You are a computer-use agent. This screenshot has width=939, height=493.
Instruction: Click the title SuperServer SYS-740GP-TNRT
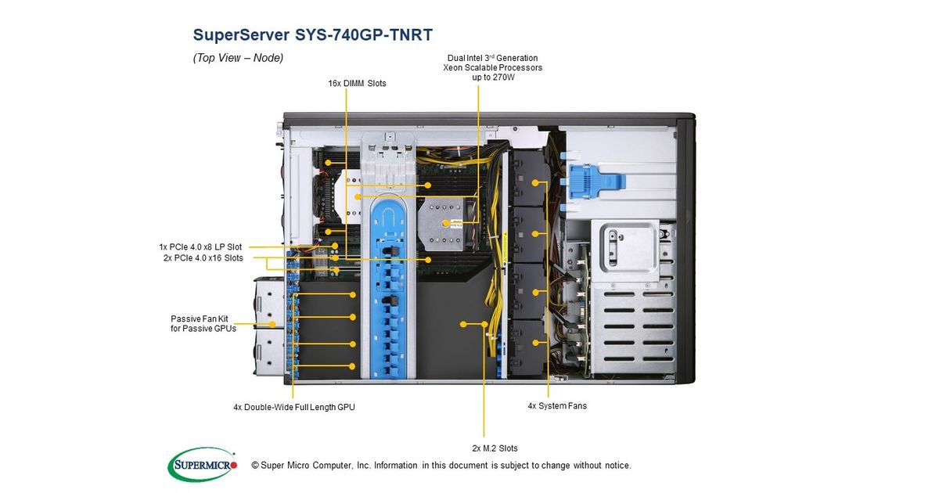coord(312,35)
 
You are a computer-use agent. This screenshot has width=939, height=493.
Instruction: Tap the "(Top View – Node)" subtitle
coord(238,58)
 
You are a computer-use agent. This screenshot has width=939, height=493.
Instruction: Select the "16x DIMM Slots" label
coord(357,83)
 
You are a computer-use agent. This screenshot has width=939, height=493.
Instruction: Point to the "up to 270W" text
coord(493,77)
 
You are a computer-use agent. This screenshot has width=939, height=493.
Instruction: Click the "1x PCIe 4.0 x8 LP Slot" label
coord(201,247)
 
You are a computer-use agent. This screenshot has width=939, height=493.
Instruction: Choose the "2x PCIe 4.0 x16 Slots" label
coord(203,257)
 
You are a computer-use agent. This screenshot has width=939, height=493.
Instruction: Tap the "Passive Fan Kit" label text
coord(200,318)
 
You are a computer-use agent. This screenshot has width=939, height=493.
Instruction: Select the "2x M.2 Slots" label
coord(495,448)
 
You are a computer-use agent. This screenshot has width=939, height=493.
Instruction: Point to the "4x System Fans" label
coord(557,406)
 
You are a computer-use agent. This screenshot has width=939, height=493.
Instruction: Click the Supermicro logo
coord(203,464)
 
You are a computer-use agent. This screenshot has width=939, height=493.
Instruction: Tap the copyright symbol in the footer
coord(255,466)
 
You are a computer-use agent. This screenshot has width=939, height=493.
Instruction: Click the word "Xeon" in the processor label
coord(454,68)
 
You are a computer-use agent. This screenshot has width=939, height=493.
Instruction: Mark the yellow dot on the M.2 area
coord(464,322)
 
